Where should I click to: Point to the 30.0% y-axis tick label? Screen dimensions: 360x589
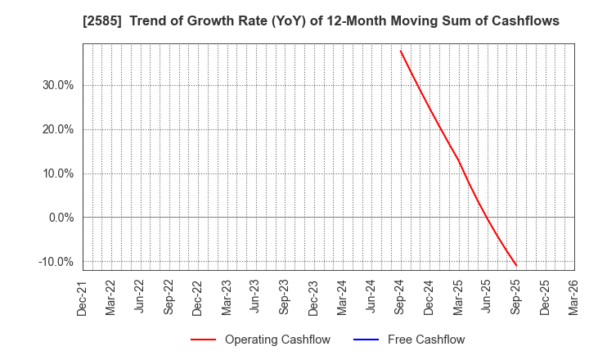pos(56,85)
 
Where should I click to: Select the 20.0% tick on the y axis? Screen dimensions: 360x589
pos(56,129)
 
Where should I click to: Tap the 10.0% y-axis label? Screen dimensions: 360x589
pos(56,173)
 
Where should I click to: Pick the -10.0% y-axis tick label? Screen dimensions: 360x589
pos(54,262)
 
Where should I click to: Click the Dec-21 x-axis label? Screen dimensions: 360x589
pos(83,296)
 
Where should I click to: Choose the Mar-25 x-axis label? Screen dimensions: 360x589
pos(458,296)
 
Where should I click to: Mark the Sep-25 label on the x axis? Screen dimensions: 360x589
pos(516,296)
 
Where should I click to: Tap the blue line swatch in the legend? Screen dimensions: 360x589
pos(370,340)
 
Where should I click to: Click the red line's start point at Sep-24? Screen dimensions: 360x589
pos(401,51)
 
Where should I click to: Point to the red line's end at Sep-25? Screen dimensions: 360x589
pos(516,265)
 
